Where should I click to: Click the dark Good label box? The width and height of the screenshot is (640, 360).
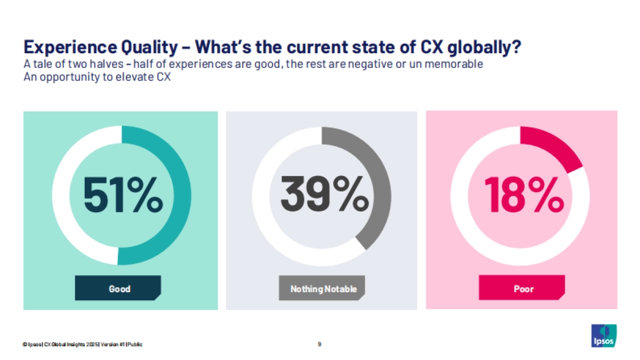[118, 289]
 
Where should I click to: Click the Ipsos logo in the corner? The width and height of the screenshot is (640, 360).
[604, 335]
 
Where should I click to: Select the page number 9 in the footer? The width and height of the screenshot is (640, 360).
[319, 344]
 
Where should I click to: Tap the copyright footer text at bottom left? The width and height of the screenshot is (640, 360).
[83, 345]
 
